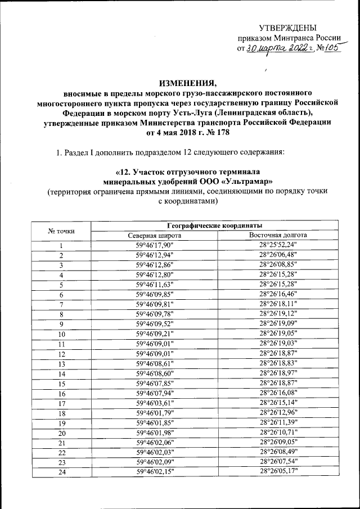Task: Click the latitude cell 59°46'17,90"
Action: coord(155,245)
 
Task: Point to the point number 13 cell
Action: coord(62,363)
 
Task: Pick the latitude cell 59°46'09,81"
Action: coord(155,304)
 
